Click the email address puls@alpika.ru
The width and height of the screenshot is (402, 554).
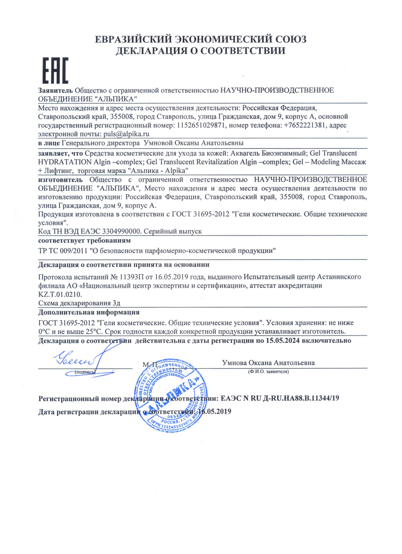pyautogui.click(x=126, y=134)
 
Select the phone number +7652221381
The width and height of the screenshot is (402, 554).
pyautogui.click(x=305, y=125)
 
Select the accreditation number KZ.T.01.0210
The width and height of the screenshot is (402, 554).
pyautogui.click(x=60, y=294)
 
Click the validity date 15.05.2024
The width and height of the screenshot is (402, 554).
pyautogui.click(x=282, y=340)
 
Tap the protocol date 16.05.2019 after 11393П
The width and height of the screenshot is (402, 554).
pyautogui.click(x=171, y=277)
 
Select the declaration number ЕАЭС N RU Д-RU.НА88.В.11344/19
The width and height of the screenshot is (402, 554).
pyautogui.click(x=280, y=398)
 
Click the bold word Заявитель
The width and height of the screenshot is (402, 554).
pyautogui.click(x=55, y=90)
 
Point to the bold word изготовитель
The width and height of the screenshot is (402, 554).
pyautogui.click(x=60, y=180)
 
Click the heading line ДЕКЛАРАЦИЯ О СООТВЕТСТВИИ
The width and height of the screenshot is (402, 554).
pyautogui.click(x=200, y=51)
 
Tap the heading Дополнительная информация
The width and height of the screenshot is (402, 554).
pyautogui.click(x=89, y=312)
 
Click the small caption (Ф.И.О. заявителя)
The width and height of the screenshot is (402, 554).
pyautogui.click(x=268, y=372)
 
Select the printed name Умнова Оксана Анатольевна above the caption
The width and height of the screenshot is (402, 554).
pyautogui.click(x=268, y=362)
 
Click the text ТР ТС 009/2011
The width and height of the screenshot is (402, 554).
pyautogui.click(x=63, y=251)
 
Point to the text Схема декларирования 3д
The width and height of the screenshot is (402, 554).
pyautogui.click(x=79, y=303)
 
